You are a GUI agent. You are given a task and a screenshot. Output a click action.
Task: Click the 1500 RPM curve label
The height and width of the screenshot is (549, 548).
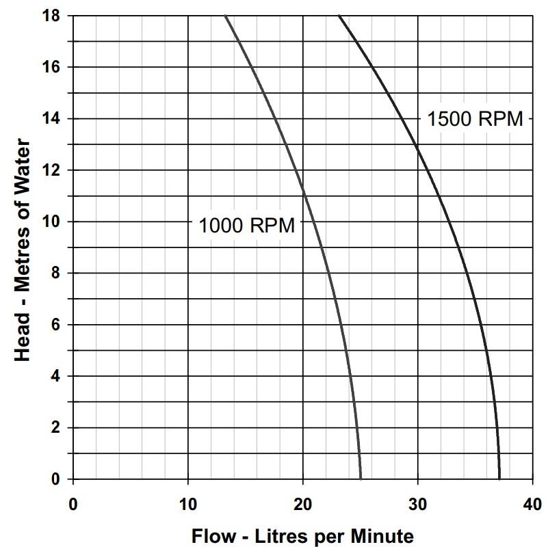click(475, 118)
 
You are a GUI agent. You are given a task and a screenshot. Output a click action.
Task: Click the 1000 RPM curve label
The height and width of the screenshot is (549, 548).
click(246, 225)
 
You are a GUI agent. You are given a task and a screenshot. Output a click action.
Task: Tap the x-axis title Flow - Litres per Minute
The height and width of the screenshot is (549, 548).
click(302, 535)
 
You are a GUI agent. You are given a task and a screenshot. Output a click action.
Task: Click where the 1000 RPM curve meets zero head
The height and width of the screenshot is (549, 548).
click(361, 479)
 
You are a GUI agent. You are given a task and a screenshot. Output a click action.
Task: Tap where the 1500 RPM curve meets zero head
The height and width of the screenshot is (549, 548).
click(499, 479)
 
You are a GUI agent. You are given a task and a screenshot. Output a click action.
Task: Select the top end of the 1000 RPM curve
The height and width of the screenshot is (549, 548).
click(225, 16)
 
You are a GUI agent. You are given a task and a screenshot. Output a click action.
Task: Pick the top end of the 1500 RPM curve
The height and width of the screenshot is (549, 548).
click(339, 16)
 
